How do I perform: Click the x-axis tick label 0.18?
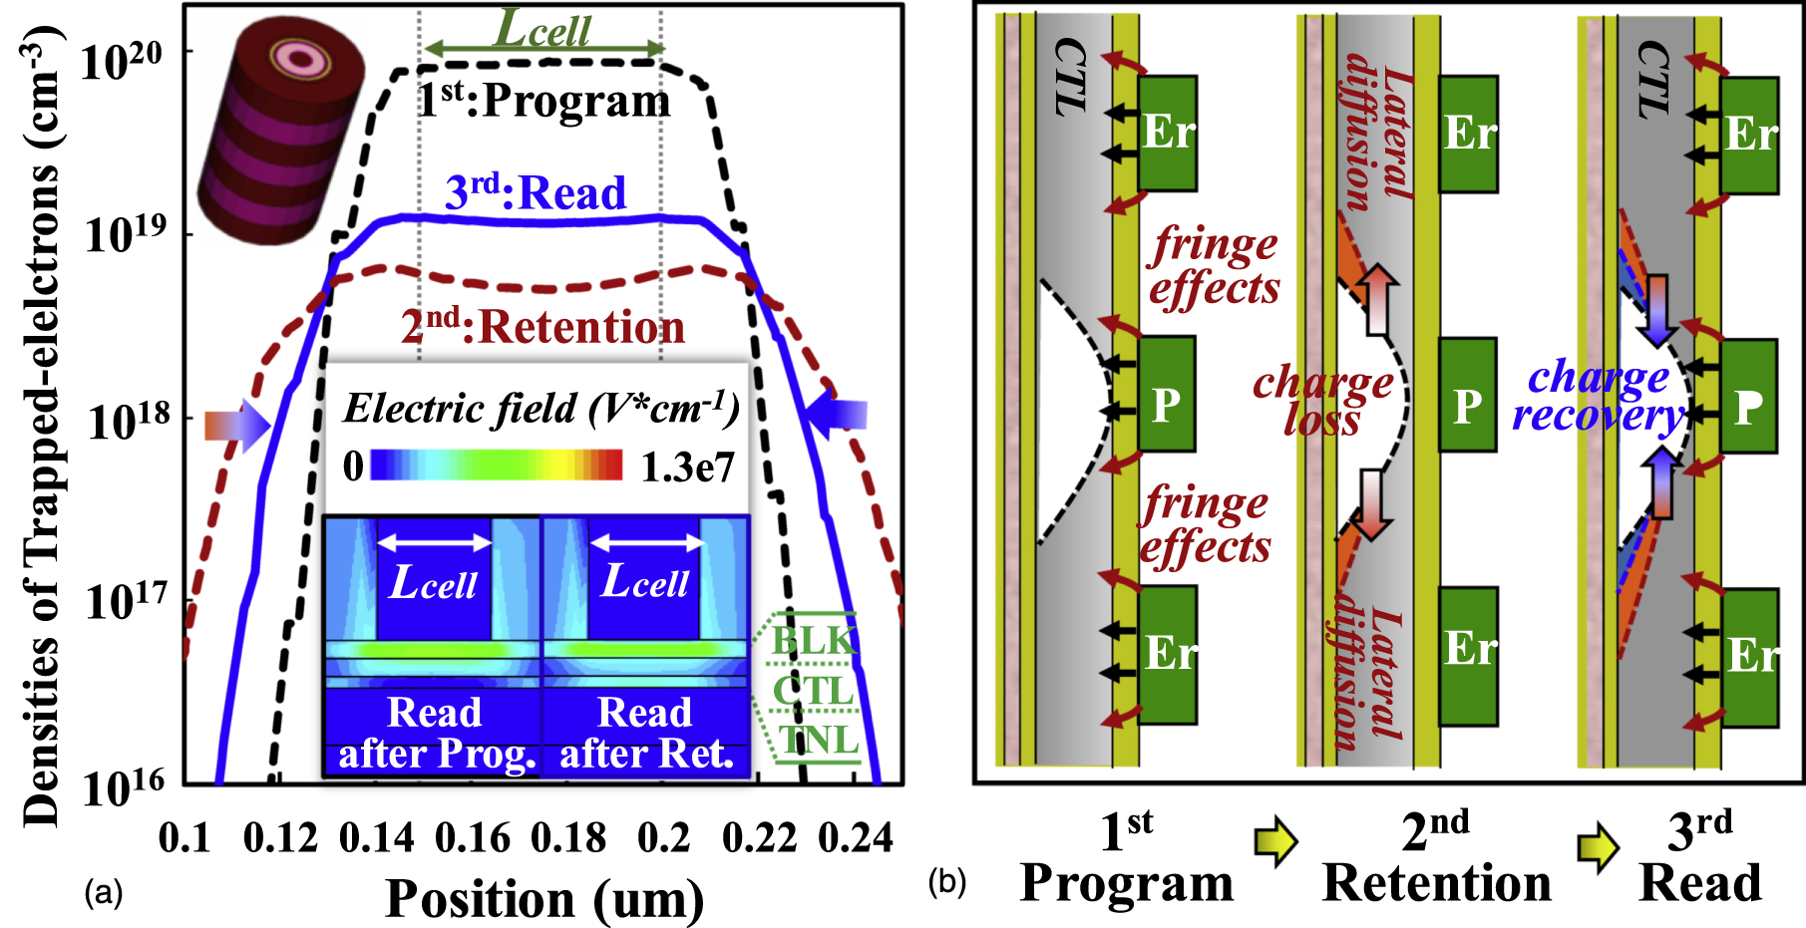pos(567,838)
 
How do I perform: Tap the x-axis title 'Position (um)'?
pos(544,899)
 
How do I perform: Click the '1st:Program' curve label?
pos(543,101)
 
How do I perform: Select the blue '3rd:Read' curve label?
pos(536,191)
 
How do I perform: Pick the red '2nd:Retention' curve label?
pos(543,327)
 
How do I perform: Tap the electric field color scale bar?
pos(497,465)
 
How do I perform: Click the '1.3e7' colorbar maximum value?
pos(687,466)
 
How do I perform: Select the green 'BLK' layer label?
pos(814,640)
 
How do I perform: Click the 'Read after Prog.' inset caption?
pos(436,733)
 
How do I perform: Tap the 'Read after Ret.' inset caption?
pos(645,733)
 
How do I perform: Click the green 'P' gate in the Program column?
pos(1167,393)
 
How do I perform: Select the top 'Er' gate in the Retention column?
pos(1468,134)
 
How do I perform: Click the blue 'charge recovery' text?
pos(1598,396)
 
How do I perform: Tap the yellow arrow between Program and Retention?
pos(1276,841)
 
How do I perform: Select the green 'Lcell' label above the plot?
pos(543,30)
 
